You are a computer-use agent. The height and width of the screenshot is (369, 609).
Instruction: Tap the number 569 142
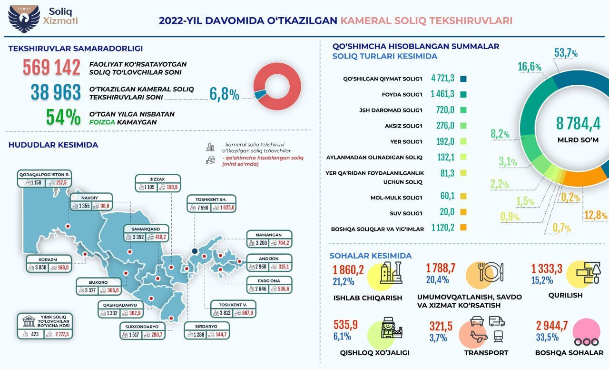[x=51, y=68]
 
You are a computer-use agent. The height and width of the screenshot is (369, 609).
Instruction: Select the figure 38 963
[x=56, y=92]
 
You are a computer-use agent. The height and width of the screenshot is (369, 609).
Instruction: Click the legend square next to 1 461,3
[x=463, y=94]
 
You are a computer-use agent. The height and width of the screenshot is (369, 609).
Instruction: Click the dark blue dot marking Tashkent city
[x=195, y=251]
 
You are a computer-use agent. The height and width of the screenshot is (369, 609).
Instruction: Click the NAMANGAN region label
[x=269, y=235]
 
